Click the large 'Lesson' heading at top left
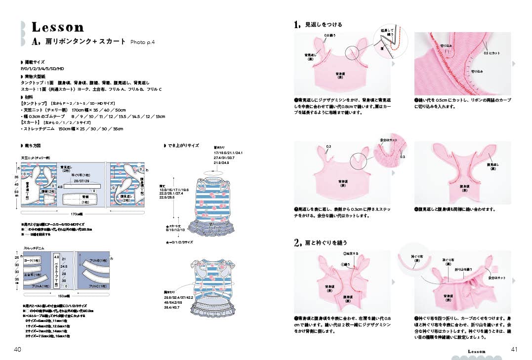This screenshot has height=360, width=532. (x=58, y=27)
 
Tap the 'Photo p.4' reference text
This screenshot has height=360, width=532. (x=143, y=42)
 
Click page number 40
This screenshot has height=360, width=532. (x=17, y=350)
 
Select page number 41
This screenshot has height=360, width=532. (x=514, y=349)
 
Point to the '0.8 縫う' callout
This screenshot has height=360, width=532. (x=330, y=36)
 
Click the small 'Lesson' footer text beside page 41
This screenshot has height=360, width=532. (x=477, y=351)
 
